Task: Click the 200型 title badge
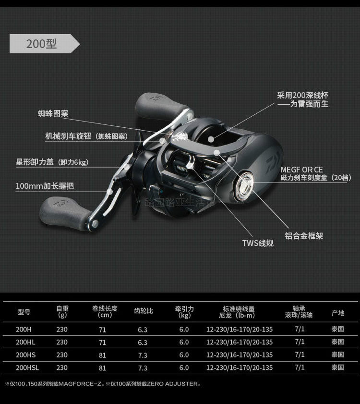(42, 44)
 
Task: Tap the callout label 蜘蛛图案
(53, 114)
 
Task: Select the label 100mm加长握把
(45, 186)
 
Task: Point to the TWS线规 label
(258, 243)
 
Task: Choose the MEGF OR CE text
(301, 170)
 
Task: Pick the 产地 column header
(338, 313)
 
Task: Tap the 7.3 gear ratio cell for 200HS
(143, 355)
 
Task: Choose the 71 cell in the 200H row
(102, 330)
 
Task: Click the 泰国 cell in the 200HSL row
(337, 367)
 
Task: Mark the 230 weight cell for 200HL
(62, 342)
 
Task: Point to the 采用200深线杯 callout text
(303, 95)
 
